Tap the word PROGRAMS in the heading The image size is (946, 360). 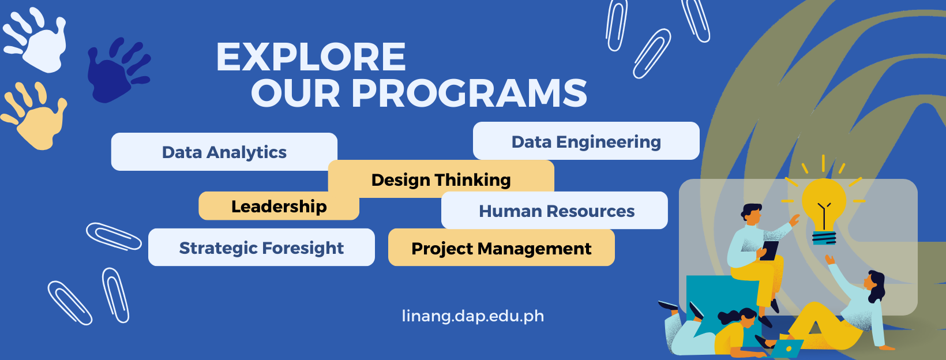(x=469, y=93)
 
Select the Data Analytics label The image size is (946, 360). (x=224, y=152)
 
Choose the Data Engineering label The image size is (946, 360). (x=586, y=142)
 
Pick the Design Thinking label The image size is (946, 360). (x=441, y=180)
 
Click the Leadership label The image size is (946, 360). (x=279, y=207)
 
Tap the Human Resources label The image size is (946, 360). (x=557, y=211)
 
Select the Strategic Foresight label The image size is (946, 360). (x=261, y=248)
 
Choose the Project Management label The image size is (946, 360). (x=501, y=249)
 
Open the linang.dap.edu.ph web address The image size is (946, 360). (x=473, y=316)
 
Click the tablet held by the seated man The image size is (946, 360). (x=769, y=250)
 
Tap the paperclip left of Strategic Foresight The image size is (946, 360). (x=113, y=236)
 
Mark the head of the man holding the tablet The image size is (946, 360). (x=752, y=213)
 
